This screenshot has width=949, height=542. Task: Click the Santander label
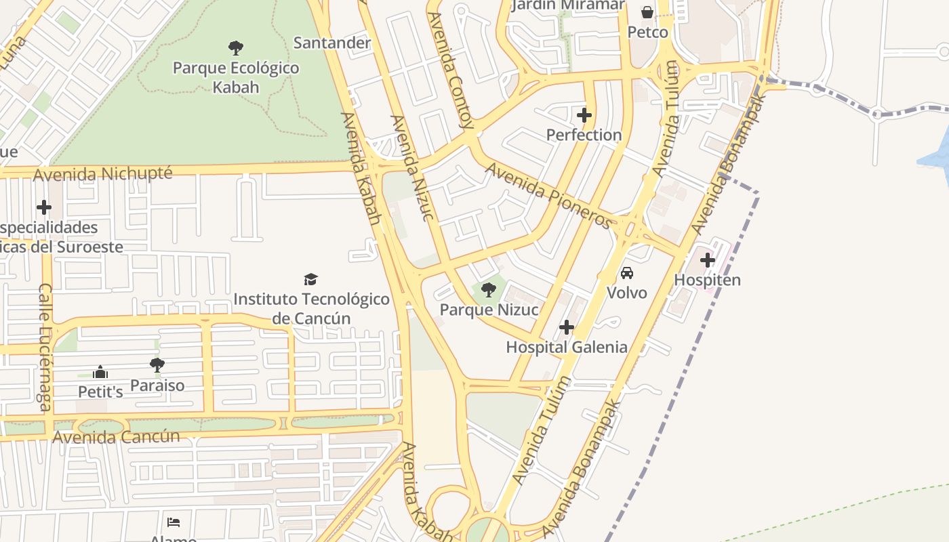(332, 43)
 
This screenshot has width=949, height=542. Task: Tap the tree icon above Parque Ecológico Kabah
(236, 48)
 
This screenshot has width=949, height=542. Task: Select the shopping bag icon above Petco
(647, 12)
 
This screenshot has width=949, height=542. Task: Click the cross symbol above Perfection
(584, 115)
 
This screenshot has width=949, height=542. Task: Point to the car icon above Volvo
(627, 273)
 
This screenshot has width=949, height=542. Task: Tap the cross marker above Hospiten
(708, 260)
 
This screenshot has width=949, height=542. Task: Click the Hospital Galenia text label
(567, 348)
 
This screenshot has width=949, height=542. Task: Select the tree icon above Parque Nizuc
(488, 291)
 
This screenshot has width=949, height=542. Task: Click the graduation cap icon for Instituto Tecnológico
(311, 279)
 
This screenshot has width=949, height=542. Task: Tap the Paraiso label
(157, 385)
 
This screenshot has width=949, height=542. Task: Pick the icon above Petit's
(100, 372)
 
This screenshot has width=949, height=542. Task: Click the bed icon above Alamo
(174, 522)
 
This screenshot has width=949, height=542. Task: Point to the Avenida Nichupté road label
(103, 174)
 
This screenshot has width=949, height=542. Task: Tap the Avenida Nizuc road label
(411, 168)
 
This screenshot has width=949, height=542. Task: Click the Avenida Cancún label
(116, 437)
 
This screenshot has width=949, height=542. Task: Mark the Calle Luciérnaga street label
(45, 347)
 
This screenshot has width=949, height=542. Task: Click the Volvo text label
(627, 293)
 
